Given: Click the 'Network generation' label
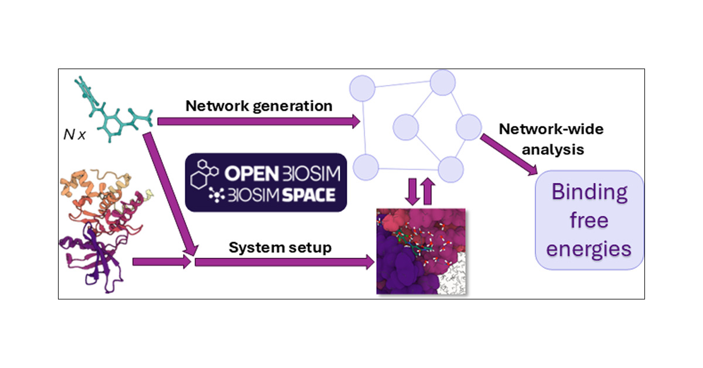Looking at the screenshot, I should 259,106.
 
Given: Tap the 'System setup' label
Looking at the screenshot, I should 280,247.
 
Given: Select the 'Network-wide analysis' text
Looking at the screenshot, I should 542,139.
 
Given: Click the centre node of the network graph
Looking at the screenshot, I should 405,127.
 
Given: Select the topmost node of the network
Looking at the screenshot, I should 442,82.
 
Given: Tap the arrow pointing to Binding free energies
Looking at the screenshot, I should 510,154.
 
